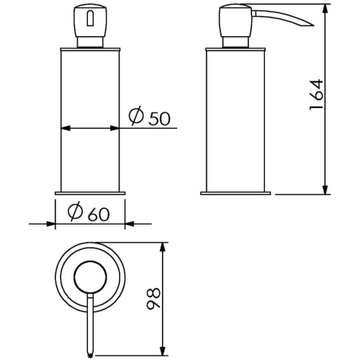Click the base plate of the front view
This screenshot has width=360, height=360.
(90, 192)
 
